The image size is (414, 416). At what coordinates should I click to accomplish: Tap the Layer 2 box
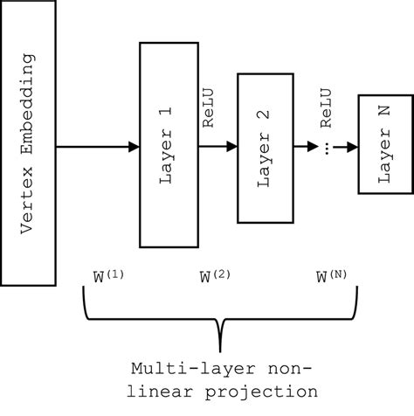click(265, 144)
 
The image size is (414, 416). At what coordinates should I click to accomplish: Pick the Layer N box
click(383, 144)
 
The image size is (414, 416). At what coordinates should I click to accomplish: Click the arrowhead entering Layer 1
click(134, 146)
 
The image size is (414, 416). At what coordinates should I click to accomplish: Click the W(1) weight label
click(108, 277)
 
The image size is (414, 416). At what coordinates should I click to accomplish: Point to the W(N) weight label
click(332, 277)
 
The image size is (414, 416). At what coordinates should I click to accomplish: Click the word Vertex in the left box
click(27, 196)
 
